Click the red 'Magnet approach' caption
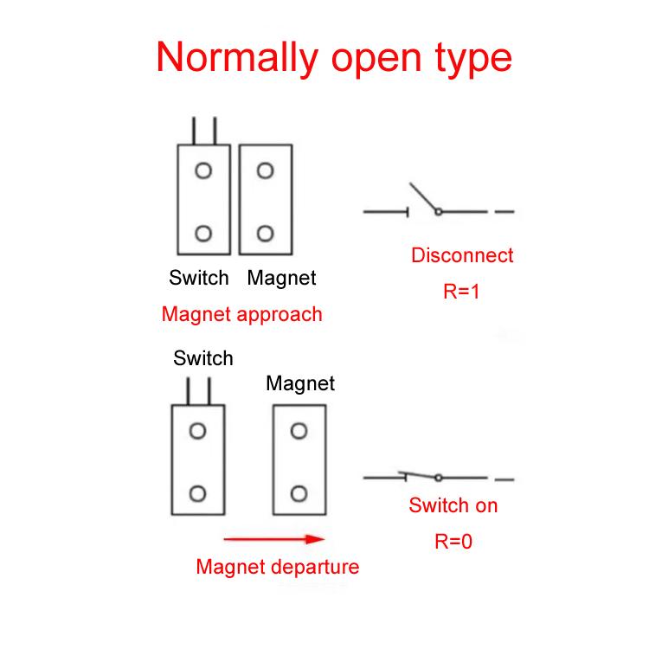pyautogui.click(x=241, y=314)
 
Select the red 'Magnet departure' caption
pyautogui.click(x=277, y=568)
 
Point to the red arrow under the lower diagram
pyautogui.click(x=273, y=539)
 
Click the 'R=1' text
pyautogui.click(x=461, y=292)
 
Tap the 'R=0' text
pyautogui.click(x=453, y=542)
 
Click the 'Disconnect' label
pyautogui.click(x=462, y=255)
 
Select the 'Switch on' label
pyautogui.click(x=453, y=505)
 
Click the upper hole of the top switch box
pyautogui.click(x=203, y=170)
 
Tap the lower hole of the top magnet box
pyautogui.click(x=266, y=233)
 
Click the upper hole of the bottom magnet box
pyautogui.click(x=299, y=431)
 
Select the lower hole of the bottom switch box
pyautogui.click(x=198, y=493)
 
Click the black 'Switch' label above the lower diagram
pyautogui.click(x=203, y=358)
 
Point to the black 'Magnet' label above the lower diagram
pyautogui.click(x=300, y=382)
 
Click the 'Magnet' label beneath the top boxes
pyautogui.click(x=281, y=278)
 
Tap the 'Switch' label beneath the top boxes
pyautogui.click(x=199, y=278)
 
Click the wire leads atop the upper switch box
pyautogui.click(x=203, y=131)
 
